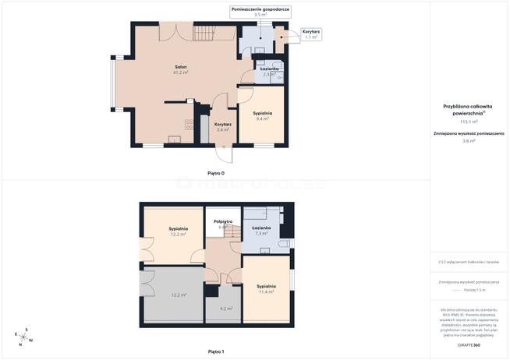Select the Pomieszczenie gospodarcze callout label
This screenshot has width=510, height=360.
click(260, 9)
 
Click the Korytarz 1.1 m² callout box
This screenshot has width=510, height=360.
click(311, 34)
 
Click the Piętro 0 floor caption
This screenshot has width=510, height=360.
click(216, 172)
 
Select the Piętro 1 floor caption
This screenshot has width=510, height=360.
click(216, 351)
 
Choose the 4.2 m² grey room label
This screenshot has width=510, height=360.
click(227, 309)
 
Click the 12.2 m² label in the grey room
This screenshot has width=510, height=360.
click(179, 295)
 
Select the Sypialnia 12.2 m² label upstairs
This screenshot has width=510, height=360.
click(178, 231)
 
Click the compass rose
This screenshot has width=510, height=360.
click(23, 336)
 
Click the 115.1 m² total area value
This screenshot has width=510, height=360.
click(469, 122)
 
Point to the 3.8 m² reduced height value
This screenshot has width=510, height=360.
click(469, 141)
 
